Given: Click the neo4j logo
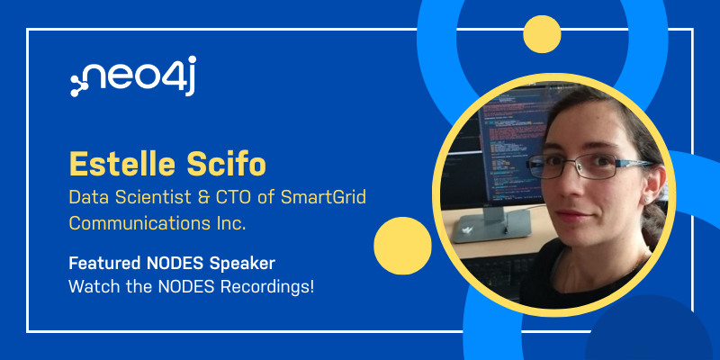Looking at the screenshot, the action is click(x=133, y=76).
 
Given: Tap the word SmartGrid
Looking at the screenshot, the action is click(x=323, y=197).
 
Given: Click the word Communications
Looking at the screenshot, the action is click(x=130, y=223).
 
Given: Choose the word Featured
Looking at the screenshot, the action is click(x=104, y=263).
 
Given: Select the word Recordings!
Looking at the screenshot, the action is click(x=267, y=287).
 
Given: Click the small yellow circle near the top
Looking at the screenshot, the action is click(x=542, y=34).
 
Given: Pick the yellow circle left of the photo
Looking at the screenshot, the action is click(x=402, y=246).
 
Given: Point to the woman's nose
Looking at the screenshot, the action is click(x=573, y=185).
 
